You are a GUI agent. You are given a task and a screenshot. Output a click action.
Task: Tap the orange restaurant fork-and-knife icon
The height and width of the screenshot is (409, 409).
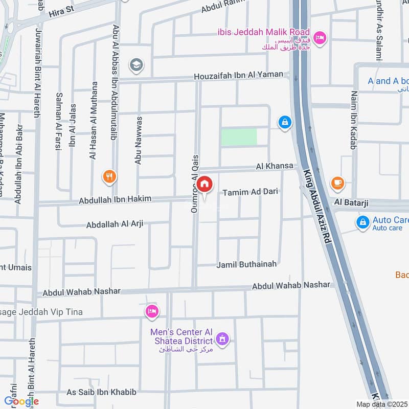(109, 177)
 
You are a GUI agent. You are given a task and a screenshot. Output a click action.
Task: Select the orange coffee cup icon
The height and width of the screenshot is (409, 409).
(337, 182)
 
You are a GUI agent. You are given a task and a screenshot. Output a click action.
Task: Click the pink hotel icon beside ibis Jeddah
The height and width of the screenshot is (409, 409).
(320, 38)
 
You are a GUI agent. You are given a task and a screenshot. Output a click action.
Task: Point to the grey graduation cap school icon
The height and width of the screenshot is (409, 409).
(137, 64)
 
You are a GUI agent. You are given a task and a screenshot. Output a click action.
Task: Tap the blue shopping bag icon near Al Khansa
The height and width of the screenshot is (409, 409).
(284, 122)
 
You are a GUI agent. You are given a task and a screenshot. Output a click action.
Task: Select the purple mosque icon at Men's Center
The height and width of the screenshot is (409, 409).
(222, 338)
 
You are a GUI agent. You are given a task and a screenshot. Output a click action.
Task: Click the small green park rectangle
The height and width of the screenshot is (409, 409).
(239, 137)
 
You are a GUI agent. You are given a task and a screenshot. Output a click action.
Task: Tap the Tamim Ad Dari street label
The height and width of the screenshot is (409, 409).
(250, 192)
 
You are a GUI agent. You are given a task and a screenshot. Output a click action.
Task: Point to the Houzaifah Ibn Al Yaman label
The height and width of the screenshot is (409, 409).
(238, 75)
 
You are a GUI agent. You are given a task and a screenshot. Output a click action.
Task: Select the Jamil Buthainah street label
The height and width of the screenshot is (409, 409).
(246, 264)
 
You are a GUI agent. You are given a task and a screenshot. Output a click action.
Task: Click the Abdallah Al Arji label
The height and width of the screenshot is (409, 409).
(115, 224)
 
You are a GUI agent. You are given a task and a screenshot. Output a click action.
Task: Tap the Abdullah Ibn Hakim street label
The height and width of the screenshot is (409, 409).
(115, 200)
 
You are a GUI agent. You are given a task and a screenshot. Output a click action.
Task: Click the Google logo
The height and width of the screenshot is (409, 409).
(21, 401)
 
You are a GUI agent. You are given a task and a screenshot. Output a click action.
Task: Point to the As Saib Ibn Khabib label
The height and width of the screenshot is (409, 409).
(102, 392)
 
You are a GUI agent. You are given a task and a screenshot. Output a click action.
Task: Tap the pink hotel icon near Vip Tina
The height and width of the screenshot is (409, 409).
(152, 311)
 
